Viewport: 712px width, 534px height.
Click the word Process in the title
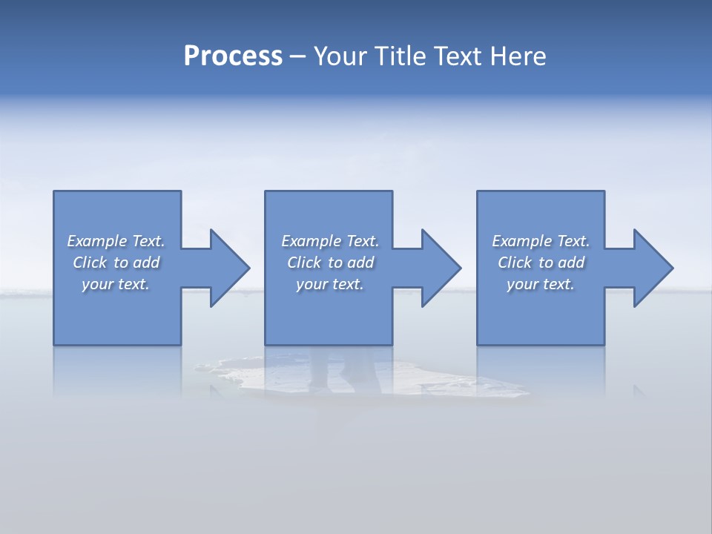(233, 56)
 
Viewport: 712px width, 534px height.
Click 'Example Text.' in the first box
(116, 241)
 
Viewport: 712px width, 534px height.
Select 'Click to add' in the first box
(116, 263)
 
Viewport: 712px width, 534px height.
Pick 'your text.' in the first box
(116, 284)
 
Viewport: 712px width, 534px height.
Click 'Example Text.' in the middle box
(329, 241)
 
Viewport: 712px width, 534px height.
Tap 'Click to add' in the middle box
(329, 263)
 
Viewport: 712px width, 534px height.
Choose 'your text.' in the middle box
(329, 284)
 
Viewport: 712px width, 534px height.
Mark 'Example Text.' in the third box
(541, 241)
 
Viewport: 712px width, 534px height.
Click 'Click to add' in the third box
(541, 263)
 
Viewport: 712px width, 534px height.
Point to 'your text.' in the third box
(541, 284)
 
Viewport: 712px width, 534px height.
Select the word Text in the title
(458, 56)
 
